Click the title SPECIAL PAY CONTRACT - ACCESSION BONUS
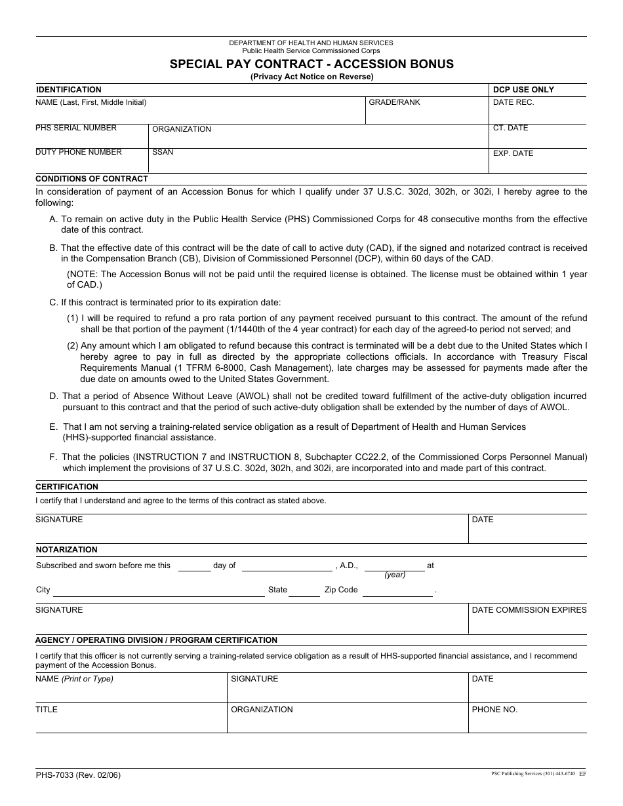point(311,64)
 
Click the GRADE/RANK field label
point(394,103)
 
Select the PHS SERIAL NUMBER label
point(76,128)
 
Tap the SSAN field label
point(163,152)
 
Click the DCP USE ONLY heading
point(523,90)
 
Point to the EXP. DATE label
point(513,153)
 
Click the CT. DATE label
point(510,128)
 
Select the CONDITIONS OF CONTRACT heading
point(92,179)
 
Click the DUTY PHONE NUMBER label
point(79,152)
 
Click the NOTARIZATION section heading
point(66,550)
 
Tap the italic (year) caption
point(395,575)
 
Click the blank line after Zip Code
point(398,592)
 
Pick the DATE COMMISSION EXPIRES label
point(529,610)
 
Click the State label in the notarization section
point(277,590)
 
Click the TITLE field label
point(47,710)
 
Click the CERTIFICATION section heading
point(67,487)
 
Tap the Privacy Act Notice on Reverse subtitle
point(311,77)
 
